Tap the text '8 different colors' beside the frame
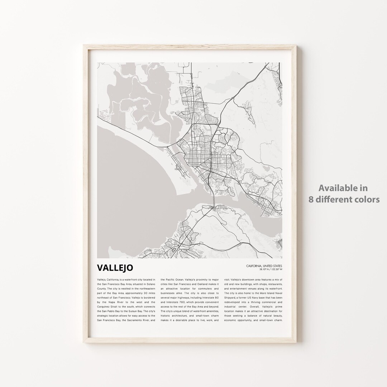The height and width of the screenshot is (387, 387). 344,200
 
